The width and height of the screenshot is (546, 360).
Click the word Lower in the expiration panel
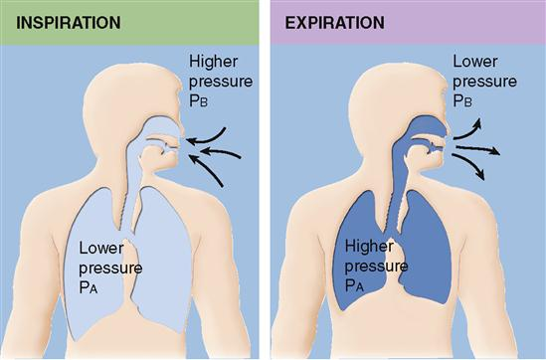click(x=475, y=62)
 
